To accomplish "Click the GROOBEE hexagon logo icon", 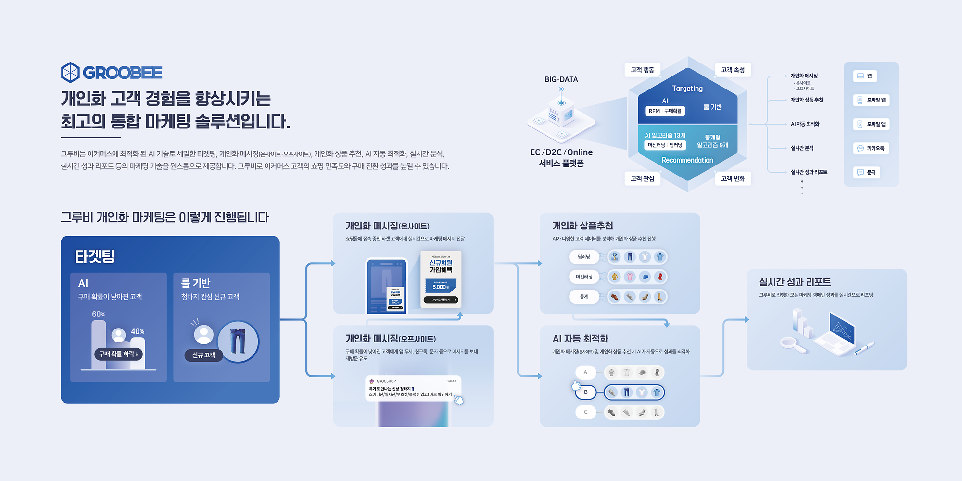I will tap(70, 73).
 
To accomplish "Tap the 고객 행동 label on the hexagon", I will tap(642, 70).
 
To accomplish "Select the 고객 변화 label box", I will tap(733, 178).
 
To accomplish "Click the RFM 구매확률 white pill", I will tap(665, 111).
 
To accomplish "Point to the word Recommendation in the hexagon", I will tap(687, 160).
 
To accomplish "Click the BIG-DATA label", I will tap(561, 79).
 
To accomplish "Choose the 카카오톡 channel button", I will tap(871, 148).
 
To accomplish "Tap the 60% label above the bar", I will tap(99, 314).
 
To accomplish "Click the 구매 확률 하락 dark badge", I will tap(118, 354).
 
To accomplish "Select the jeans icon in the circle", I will tap(238, 341).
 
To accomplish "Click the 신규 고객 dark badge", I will tap(203, 355).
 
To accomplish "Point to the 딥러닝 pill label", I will tap(583, 257).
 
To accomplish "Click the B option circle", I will tap(585, 392).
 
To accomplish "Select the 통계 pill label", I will tap(584, 297).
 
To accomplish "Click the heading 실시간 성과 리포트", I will tap(795, 282).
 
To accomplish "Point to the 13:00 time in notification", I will tap(451, 381).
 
